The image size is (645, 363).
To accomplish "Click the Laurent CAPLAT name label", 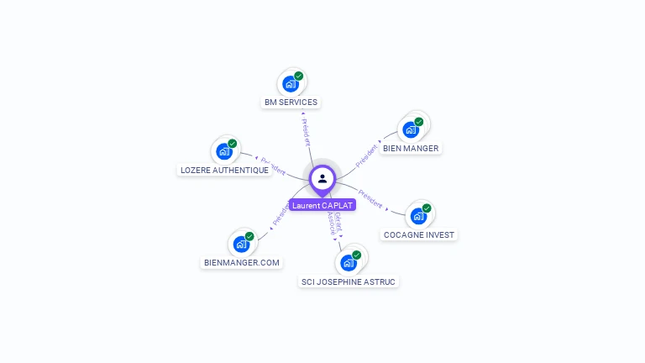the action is pyautogui.click(x=322, y=205).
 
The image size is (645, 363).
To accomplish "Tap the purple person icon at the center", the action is pyautogui.click(x=322, y=178).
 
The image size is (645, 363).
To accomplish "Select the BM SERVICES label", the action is pyautogui.click(x=291, y=103).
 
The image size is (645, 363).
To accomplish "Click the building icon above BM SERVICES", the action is pyautogui.click(x=291, y=83).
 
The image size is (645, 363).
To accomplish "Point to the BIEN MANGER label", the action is pyautogui.click(x=411, y=148).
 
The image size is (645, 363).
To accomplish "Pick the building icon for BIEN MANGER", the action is pyautogui.click(x=411, y=129).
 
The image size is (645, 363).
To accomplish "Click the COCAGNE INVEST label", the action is pyautogui.click(x=420, y=234).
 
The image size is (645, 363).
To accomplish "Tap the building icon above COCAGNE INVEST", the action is pyautogui.click(x=418, y=216).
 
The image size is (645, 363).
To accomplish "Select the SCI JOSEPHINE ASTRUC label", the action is pyautogui.click(x=349, y=281).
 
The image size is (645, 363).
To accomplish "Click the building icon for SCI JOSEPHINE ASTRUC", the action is pyautogui.click(x=349, y=263).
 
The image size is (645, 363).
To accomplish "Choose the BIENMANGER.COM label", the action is pyautogui.click(x=242, y=262).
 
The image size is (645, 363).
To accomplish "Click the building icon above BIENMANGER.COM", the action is pyautogui.click(x=242, y=244).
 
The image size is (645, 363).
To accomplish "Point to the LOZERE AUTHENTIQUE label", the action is pyautogui.click(x=225, y=170).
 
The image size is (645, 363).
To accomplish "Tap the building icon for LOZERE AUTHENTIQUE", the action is pyautogui.click(x=224, y=151).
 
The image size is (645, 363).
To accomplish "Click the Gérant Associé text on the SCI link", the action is pyautogui.click(x=335, y=226).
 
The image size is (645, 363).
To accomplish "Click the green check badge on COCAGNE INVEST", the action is pyautogui.click(x=427, y=208).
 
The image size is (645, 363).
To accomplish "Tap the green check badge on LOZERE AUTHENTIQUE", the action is pyautogui.click(x=233, y=144).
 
